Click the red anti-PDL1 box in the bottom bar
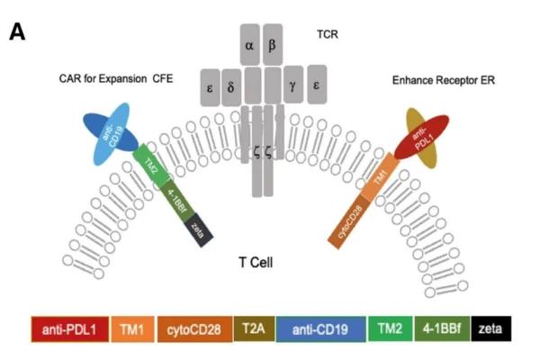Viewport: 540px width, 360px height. pos(70,330)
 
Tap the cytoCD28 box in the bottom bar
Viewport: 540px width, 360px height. pos(194,330)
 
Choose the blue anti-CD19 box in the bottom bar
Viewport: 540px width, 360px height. pos(320,330)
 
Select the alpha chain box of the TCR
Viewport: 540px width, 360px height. pos(249,43)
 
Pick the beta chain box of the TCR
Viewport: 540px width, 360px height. pos(273,43)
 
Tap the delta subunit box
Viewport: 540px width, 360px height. pos(231,88)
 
